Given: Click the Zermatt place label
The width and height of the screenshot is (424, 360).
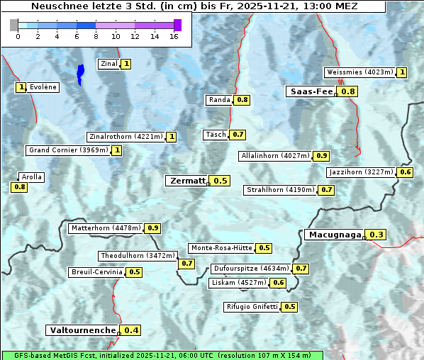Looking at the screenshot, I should pyautogui.click(x=187, y=181).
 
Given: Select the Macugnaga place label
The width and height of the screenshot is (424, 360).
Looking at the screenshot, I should pyautogui.click(x=334, y=235).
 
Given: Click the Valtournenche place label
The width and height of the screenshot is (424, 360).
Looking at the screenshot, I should pyautogui.click(x=82, y=330).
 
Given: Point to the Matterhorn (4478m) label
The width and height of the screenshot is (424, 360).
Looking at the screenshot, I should pyautogui.click(x=105, y=228).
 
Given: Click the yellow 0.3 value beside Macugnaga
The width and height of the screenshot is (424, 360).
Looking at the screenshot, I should pyautogui.click(x=376, y=235).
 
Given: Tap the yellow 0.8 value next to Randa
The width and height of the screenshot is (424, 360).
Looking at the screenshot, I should pyautogui.click(x=242, y=100).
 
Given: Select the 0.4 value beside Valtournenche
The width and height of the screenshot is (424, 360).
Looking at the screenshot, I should pyautogui.click(x=131, y=330).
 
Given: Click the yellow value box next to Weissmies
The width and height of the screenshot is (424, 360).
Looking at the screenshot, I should pyautogui.click(x=402, y=72).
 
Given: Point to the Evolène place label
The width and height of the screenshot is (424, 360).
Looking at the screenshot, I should pyautogui.click(x=43, y=87).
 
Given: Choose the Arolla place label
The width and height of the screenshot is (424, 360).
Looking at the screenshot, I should pyautogui.click(x=32, y=177).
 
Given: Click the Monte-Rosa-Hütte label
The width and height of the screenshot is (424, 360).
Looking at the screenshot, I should pyautogui.click(x=221, y=248).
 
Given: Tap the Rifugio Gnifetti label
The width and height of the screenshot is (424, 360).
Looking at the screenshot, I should pyautogui.click(x=252, y=307).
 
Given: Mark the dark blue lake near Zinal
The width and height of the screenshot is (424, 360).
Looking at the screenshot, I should pyautogui.click(x=80, y=74).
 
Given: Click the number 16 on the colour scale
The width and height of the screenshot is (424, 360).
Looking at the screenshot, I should pyautogui.click(x=174, y=36).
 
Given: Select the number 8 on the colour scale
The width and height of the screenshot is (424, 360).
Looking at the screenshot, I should pyautogui.click(x=96, y=36).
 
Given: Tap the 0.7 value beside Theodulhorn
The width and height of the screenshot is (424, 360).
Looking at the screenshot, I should pyautogui.click(x=186, y=264).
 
